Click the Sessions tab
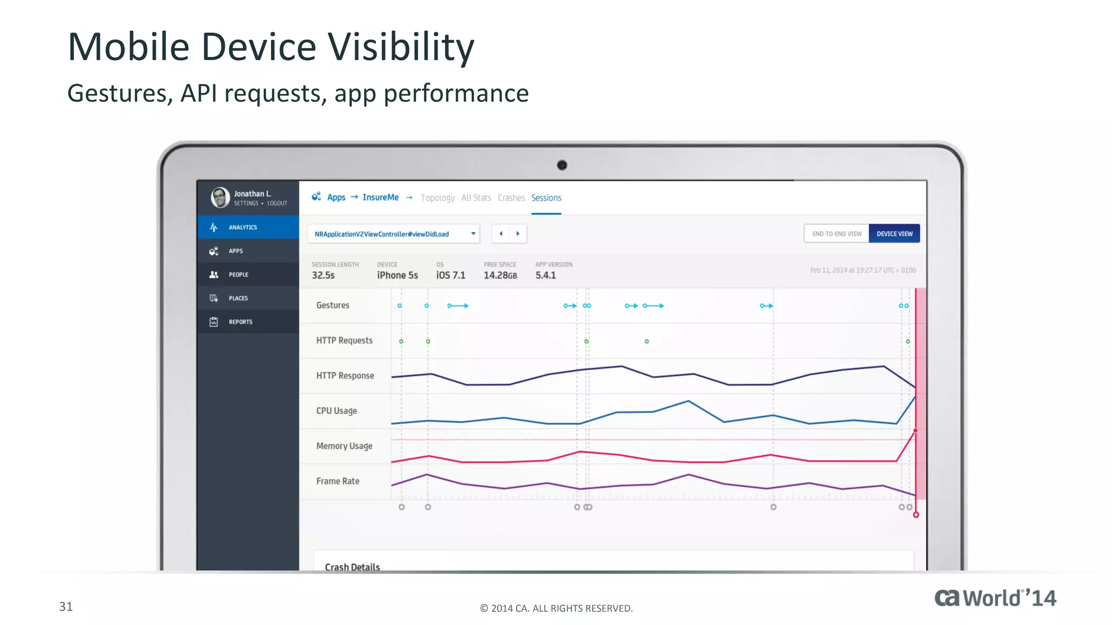pyautogui.click(x=546, y=198)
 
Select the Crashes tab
pyautogui.click(x=511, y=198)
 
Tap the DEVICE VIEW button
pyautogui.click(x=894, y=234)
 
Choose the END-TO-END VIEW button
pyautogui.click(x=837, y=234)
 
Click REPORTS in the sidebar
pyautogui.click(x=241, y=322)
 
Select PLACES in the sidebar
pyautogui.click(x=238, y=298)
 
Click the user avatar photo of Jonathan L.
pyautogui.click(x=220, y=197)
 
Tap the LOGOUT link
pyautogui.click(x=277, y=203)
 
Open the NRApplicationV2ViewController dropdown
pyautogui.click(x=394, y=234)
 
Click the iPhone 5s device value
pyautogui.click(x=397, y=276)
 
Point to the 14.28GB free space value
pyautogui.click(x=500, y=276)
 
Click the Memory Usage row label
pyautogui.click(x=344, y=446)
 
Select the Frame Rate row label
pyautogui.click(x=338, y=481)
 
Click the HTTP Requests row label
pyautogui.click(x=344, y=341)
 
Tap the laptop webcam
pyautogui.click(x=562, y=165)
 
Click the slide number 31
pyautogui.click(x=66, y=607)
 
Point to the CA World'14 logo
pyautogui.click(x=995, y=598)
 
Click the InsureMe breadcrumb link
pyautogui.click(x=380, y=197)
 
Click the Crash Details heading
pyautogui.click(x=352, y=566)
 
